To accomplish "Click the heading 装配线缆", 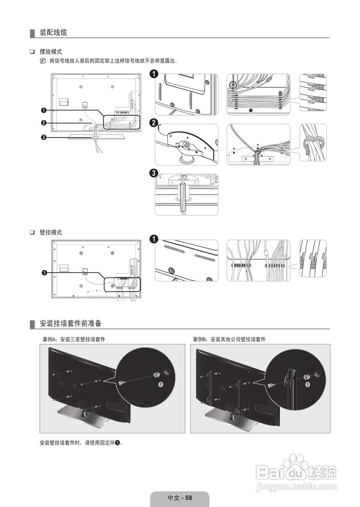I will pos(53,33).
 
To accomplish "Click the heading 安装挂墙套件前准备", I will pos(70,324).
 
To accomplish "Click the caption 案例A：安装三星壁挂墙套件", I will pos(74,339).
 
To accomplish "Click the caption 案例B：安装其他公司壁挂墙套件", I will pos(229,339).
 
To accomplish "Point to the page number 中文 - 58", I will pos(179,498).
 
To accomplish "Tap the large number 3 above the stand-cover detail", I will pos(154,173).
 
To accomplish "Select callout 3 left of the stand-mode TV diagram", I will pos(44,137).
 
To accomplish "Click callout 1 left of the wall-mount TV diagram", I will pos(44,273).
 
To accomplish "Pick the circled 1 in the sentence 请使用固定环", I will pos(118,442).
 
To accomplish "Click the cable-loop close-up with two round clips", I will pos(313,143).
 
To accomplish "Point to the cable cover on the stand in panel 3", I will pos(183,196).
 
